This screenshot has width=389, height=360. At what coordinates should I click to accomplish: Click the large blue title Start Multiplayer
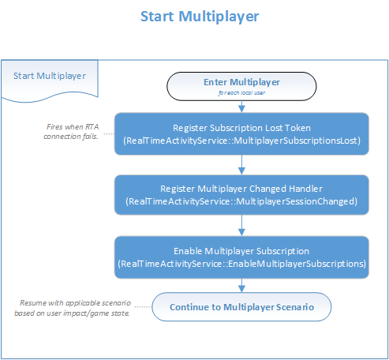199,17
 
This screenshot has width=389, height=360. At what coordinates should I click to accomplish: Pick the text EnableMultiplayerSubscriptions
288,264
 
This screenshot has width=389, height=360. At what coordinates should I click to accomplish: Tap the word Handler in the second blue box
305,189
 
